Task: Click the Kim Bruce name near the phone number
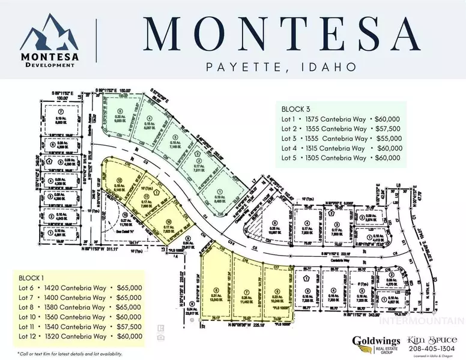pyautogui.click(x=427, y=338)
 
